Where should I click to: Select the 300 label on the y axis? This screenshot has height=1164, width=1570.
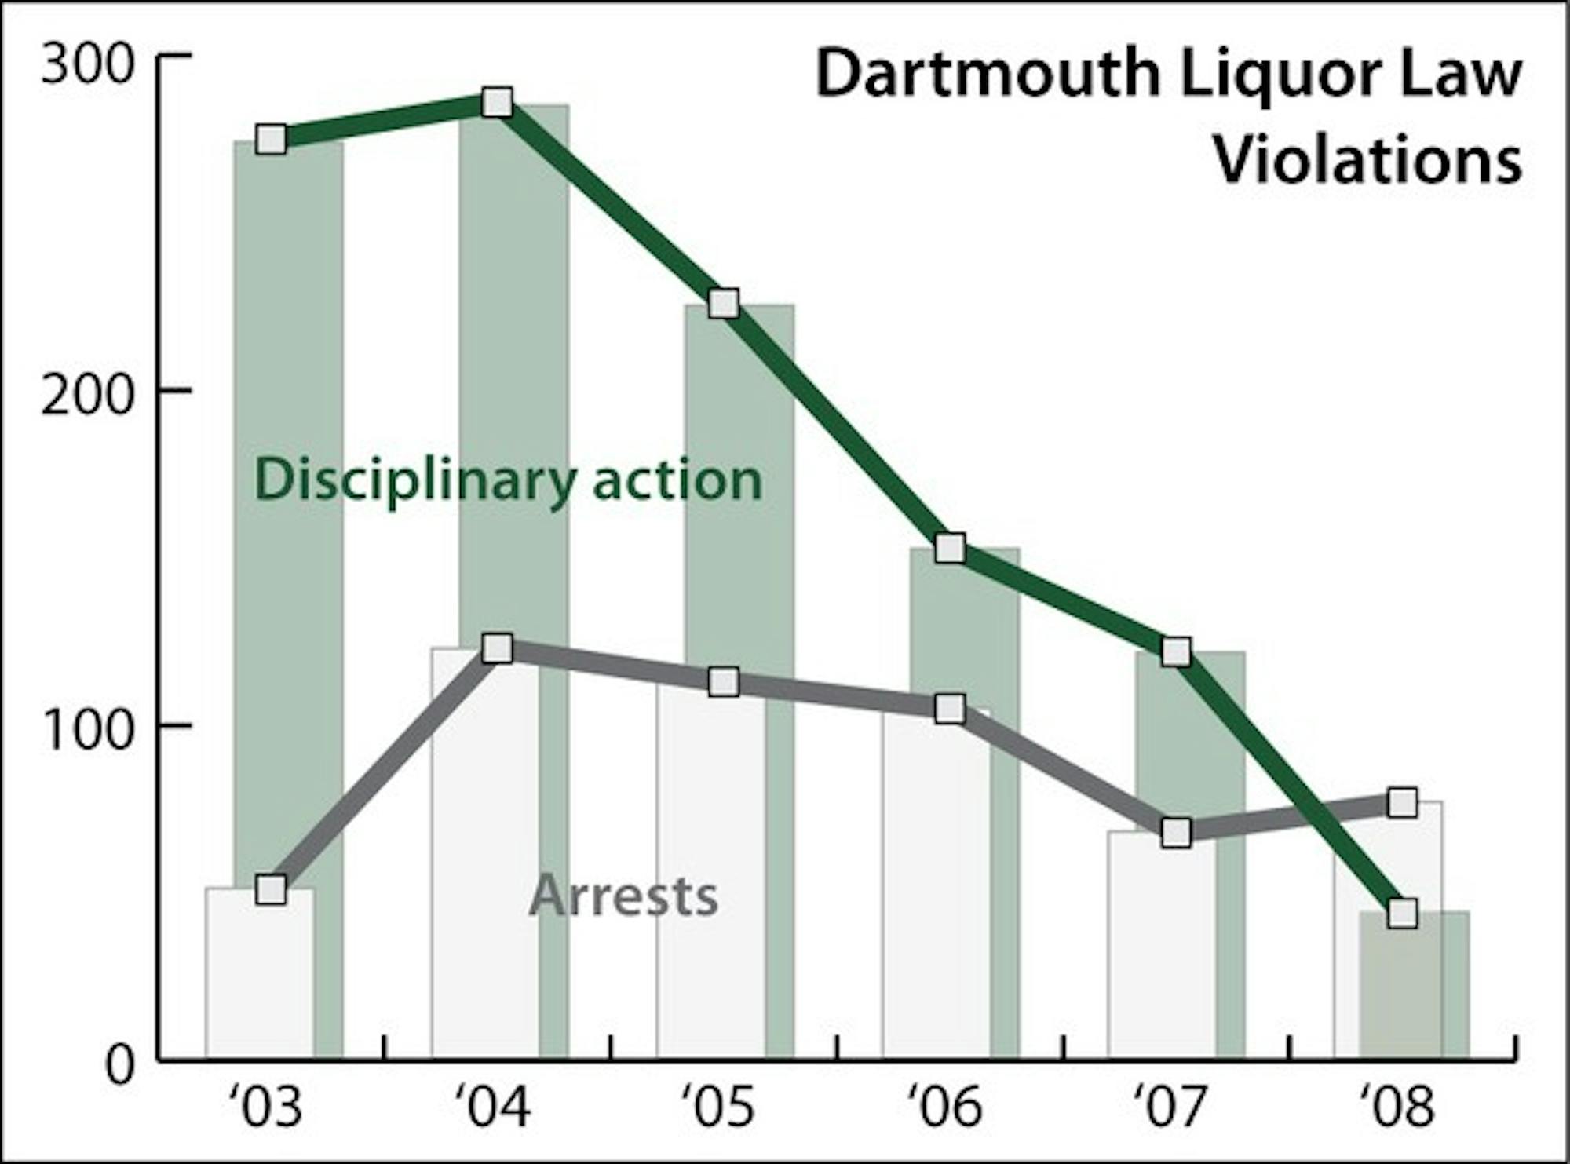pyautogui.click(x=86, y=64)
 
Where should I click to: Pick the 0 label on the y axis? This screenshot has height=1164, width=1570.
pyautogui.click(x=119, y=1066)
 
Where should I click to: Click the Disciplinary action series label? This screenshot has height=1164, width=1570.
pyautogui.click(x=508, y=480)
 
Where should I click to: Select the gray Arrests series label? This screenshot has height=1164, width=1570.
pyautogui.click(x=624, y=896)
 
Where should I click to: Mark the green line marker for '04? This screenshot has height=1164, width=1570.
pyautogui.click(x=497, y=102)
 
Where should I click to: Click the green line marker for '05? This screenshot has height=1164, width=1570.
pyautogui.click(x=724, y=303)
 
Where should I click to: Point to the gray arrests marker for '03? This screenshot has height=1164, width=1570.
pyautogui.click(x=271, y=890)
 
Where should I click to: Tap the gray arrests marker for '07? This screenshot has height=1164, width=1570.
pyautogui.click(x=1176, y=832)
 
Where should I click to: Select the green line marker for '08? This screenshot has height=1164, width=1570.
pyautogui.click(x=1402, y=914)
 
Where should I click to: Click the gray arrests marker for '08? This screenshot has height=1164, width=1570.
pyautogui.click(x=1402, y=803)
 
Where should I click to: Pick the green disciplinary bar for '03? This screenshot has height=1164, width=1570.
pyautogui.click(x=328, y=549)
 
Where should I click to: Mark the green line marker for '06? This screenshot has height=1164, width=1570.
pyautogui.click(x=950, y=549)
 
